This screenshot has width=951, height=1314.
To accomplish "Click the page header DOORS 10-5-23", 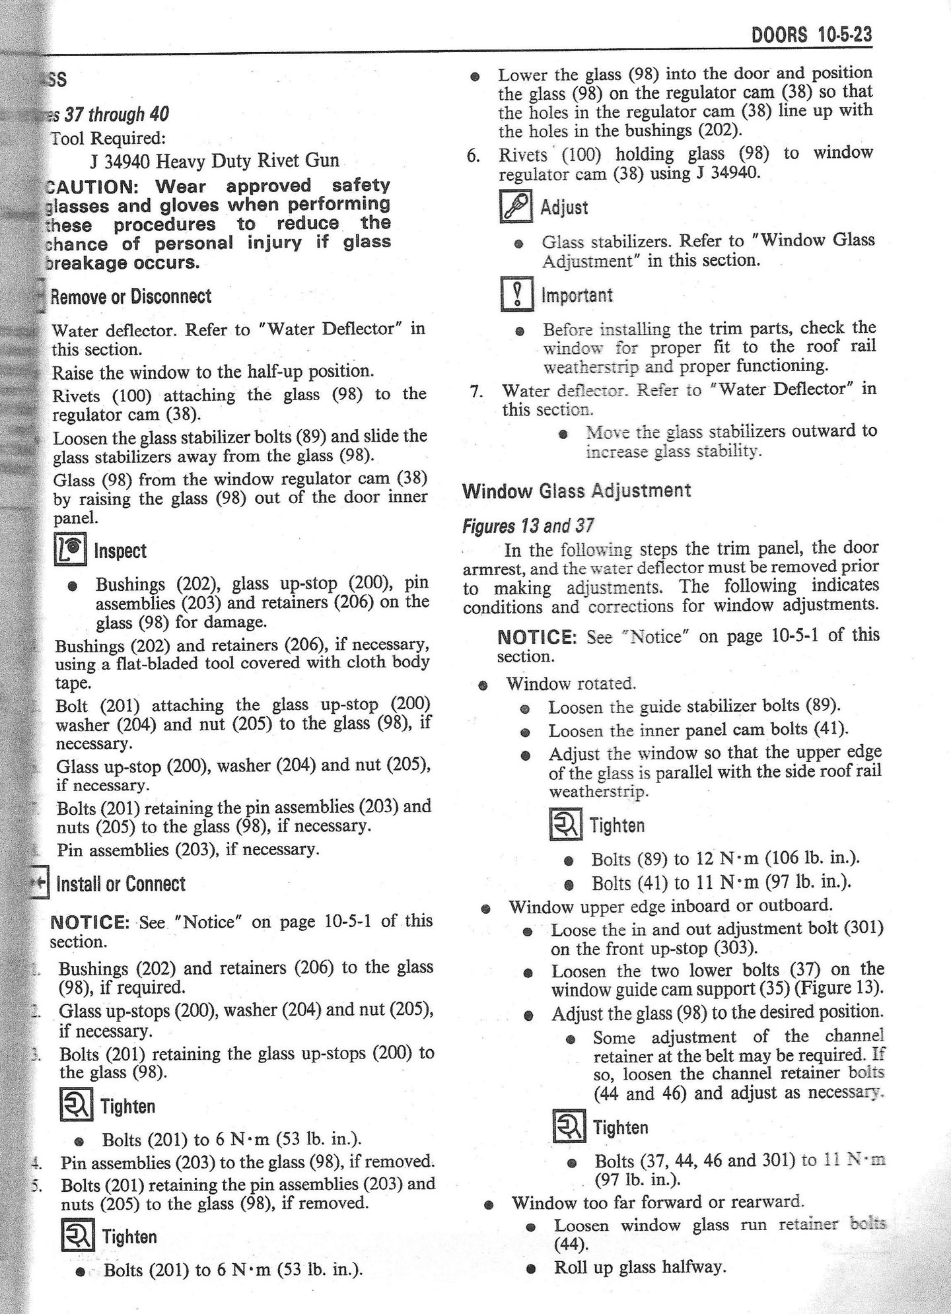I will (812, 34).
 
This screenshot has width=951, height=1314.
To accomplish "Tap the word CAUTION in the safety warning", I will (88, 186).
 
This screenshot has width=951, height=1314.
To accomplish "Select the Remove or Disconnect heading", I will (131, 296).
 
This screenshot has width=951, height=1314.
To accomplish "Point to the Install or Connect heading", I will (121, 883).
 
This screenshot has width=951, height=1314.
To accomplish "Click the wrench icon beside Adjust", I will (516, 207).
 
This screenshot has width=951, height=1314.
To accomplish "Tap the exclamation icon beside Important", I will (518, 294).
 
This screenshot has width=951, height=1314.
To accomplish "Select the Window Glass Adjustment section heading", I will (577, 491).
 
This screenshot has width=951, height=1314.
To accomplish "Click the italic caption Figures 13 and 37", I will (528, 526).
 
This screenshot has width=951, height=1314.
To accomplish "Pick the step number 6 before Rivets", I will (472, 156).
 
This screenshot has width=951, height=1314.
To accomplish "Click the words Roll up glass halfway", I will (639, 1267).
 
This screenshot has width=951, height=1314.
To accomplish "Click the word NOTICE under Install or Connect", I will (89, 922).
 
